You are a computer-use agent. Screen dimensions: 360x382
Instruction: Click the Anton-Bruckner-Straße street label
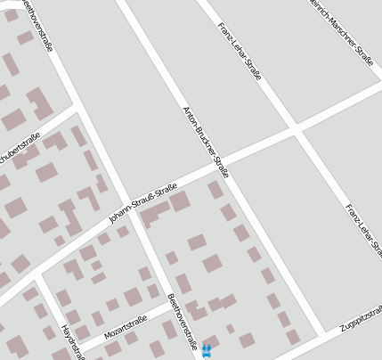click(206, 143)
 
